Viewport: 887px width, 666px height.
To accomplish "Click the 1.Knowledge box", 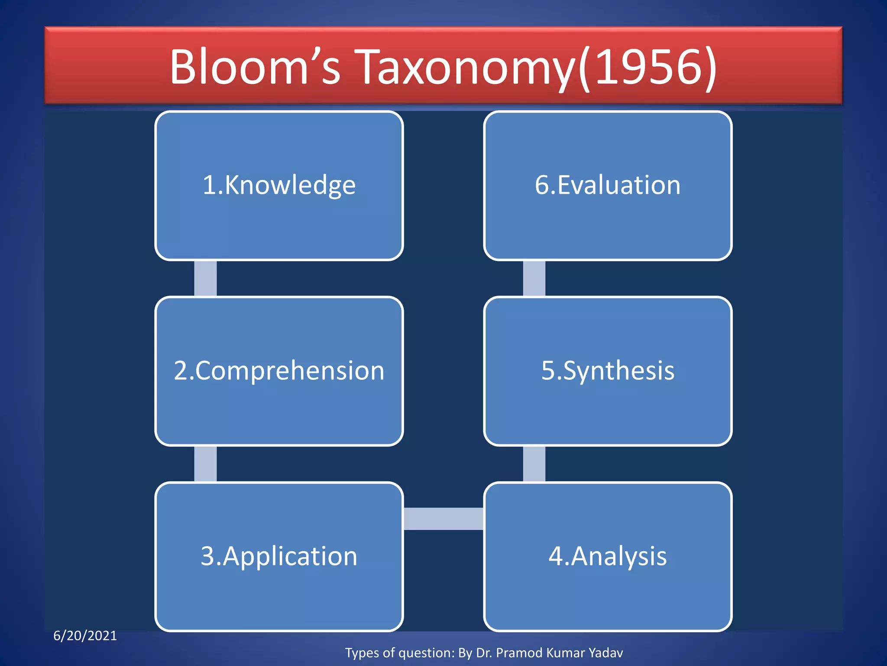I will coord(279,186).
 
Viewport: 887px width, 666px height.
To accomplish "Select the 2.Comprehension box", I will coord(279,371).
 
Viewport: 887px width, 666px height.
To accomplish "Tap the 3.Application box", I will coord(279,557).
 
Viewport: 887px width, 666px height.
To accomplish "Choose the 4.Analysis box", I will coord(608,557).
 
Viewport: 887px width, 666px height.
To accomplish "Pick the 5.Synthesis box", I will coord(608,371).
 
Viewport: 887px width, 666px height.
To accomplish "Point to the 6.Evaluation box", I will coord(608,186).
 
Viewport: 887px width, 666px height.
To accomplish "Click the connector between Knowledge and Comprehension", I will coord(205,278).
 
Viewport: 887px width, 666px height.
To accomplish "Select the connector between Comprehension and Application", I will coord(205,464).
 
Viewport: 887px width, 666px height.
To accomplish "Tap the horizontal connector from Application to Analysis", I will coord(443,519).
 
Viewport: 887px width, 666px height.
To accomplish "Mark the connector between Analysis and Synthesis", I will coord(534,464).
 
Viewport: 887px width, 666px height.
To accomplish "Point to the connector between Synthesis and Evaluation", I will coord(534,278).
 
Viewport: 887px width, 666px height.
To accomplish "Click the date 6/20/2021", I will coord(85,636).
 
